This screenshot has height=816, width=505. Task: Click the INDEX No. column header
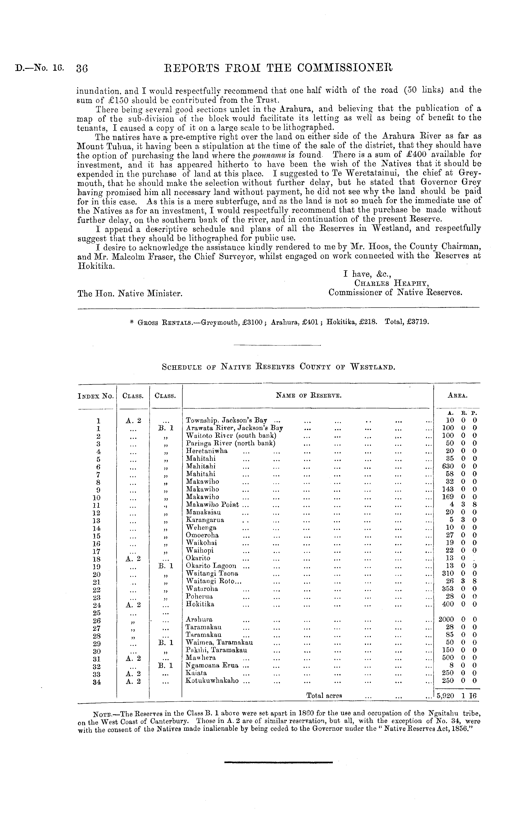(x=96, y=396)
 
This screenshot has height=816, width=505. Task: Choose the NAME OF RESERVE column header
(x=308, y=396)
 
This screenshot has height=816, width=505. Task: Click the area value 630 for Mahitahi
(x=448, y=466)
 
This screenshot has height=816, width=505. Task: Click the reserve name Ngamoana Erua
(x=212, y=665)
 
